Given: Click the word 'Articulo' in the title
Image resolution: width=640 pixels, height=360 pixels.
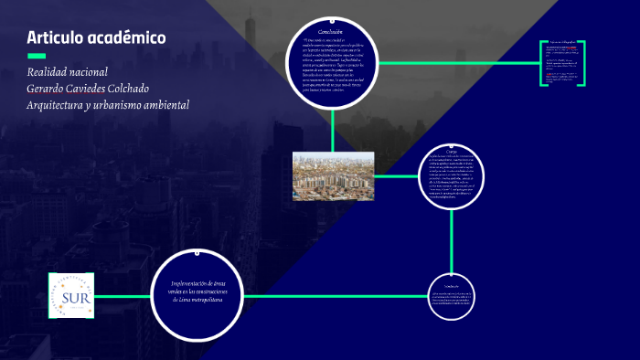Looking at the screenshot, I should pos(54,38).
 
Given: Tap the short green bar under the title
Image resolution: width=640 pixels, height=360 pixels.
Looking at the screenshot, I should pos(37,57).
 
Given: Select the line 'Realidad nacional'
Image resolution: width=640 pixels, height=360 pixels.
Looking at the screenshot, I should pos(68,72).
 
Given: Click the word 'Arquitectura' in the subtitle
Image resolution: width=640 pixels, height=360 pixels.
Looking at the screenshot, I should pos(61,105).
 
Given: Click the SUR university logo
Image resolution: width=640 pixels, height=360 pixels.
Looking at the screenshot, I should pos(72,297).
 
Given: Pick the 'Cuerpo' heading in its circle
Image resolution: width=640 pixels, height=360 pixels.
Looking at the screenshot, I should pos(452,150).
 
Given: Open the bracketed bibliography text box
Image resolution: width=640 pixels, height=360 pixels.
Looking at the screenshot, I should pos(562,63).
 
